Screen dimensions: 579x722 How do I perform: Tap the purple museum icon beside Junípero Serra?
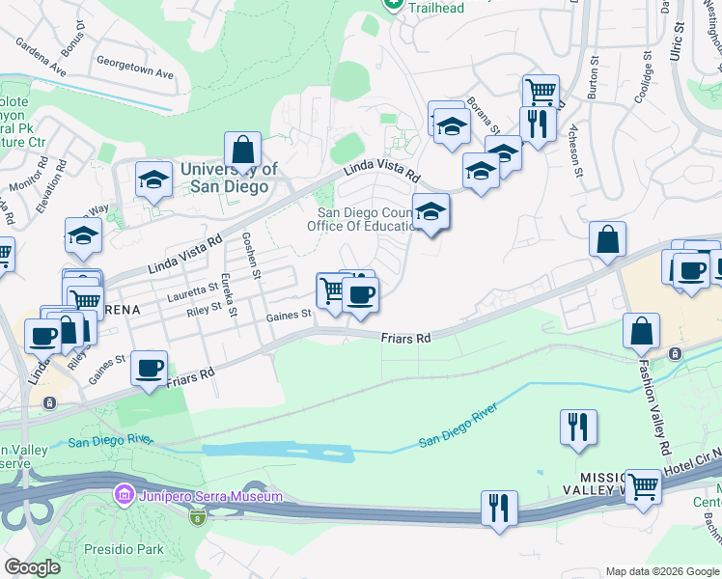(124, 496)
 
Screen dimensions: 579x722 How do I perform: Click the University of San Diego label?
(230, 178)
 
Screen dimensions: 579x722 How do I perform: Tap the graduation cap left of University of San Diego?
(153, 179)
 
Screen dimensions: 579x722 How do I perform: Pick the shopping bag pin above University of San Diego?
(243, 151)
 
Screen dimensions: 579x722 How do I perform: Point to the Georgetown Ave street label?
(134, 73)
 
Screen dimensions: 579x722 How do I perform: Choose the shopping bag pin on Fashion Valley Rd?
(641, 332)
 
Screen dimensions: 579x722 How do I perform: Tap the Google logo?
(33, 567)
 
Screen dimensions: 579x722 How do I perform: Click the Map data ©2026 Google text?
(661, 571)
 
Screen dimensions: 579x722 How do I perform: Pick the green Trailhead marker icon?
(392, 5)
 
